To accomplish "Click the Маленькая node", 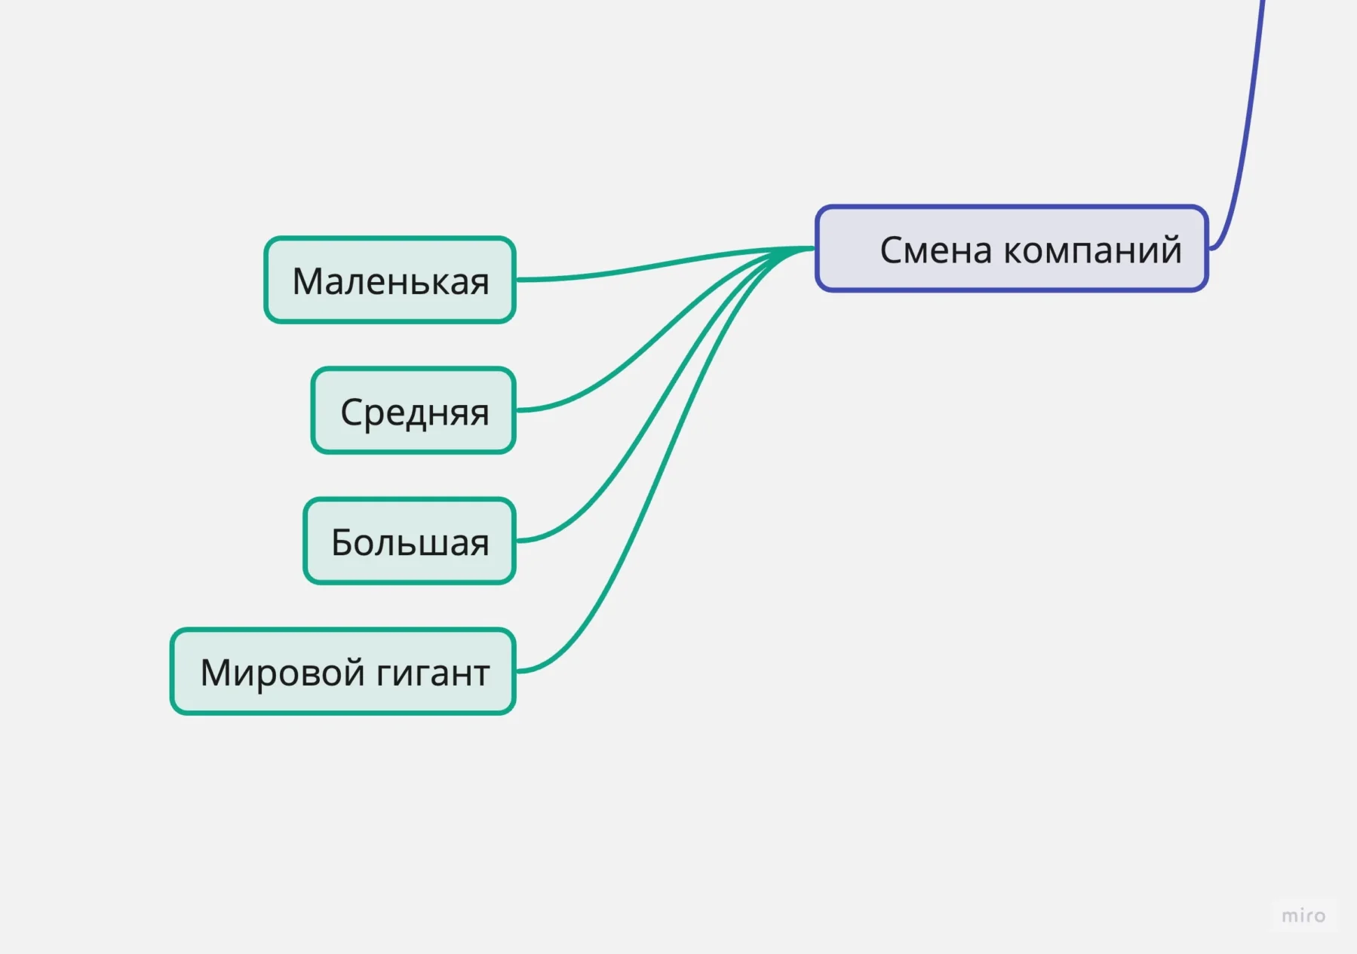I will (x=390, y=281).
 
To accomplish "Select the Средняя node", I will (x=413, y=411).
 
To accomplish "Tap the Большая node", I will (x=410, y=541).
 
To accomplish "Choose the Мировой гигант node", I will (x=343, y=672).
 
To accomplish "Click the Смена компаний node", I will (x=1012, y=249).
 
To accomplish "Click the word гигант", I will (x=433, y=673).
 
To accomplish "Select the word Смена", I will (x=935, y=250).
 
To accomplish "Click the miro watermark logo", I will (x=1303, y=916).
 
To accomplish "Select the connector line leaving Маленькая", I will (x=641, y=267).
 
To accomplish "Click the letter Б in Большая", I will (x=343, y=542).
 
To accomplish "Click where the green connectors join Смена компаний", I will (x=812, y=248).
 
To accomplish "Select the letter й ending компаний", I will (x=1171, y=249).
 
